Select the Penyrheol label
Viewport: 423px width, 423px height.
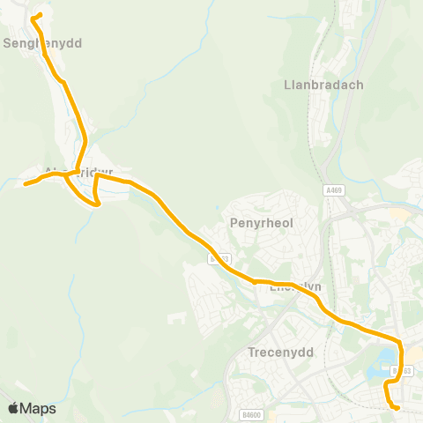click(261, 223)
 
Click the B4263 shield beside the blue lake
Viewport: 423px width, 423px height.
click(403, 372)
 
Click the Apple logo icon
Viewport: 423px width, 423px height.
click(13, 408)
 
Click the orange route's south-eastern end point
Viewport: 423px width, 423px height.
click(397, 407)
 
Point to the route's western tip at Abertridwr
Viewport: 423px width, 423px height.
click(26, 184)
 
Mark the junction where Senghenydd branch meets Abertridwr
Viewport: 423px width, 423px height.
click(78, 171)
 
